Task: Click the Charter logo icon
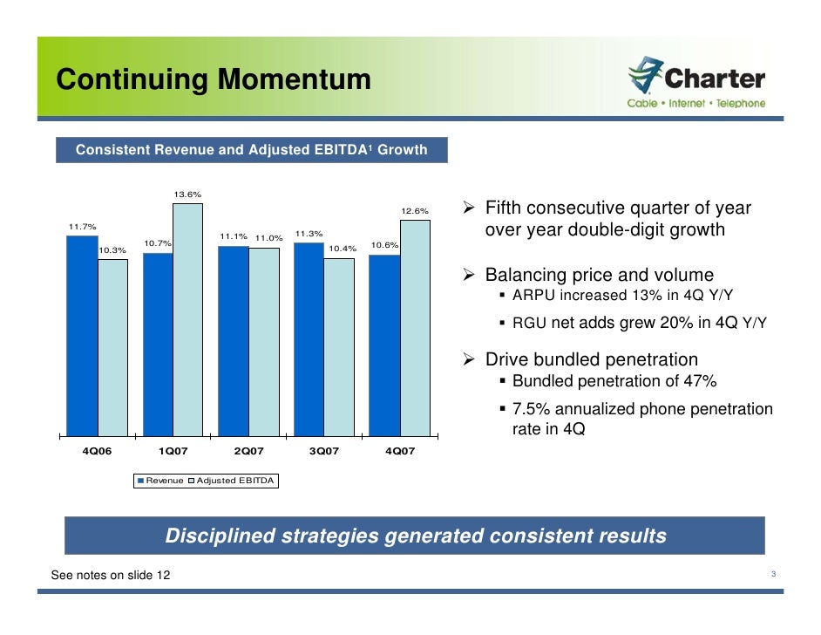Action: pos(645,76)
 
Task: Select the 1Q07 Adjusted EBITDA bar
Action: pos(187,318)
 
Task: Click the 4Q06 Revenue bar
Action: pos(82,336)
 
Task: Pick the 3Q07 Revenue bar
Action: pos(309,338)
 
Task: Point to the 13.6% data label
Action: pos(187,195)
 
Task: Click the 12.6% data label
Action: pos(415,211)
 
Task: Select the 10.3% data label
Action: pos(112,250)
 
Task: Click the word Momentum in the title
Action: pos(294,80)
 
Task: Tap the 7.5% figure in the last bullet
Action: pos(532,409)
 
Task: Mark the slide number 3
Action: pos(773,574)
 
